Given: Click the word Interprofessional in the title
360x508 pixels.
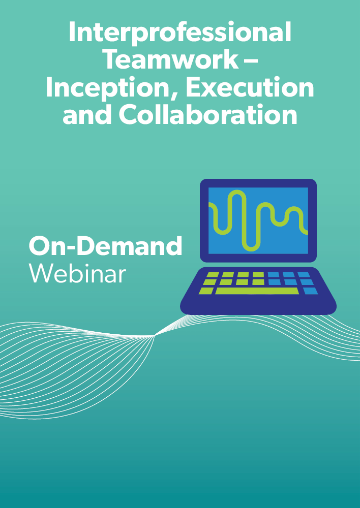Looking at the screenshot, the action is click(180, 33).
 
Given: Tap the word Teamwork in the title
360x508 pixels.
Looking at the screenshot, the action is click(172, 59).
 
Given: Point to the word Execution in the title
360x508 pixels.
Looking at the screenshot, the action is click(249, 87).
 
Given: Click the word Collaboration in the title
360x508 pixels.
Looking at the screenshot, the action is click(208, 114).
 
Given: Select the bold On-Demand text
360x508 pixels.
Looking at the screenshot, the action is click(106, 245).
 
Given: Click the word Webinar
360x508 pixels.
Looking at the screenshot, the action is click(77, 274).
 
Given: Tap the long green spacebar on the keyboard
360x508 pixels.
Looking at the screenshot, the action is click(257, 291).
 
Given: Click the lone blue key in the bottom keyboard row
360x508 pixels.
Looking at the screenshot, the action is click(310, 291).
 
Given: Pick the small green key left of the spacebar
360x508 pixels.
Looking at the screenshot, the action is click(206, 291).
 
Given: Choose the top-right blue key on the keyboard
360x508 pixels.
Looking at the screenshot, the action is click(304, 274).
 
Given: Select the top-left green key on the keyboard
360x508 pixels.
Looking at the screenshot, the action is click(213, 274).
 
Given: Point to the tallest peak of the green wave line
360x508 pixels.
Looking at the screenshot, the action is click(236, 192).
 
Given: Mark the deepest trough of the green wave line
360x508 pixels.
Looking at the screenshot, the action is click(251, 249).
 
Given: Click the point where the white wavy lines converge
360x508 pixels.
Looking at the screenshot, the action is click(155, 336).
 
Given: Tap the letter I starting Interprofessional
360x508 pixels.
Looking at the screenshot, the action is click(72, 33).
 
